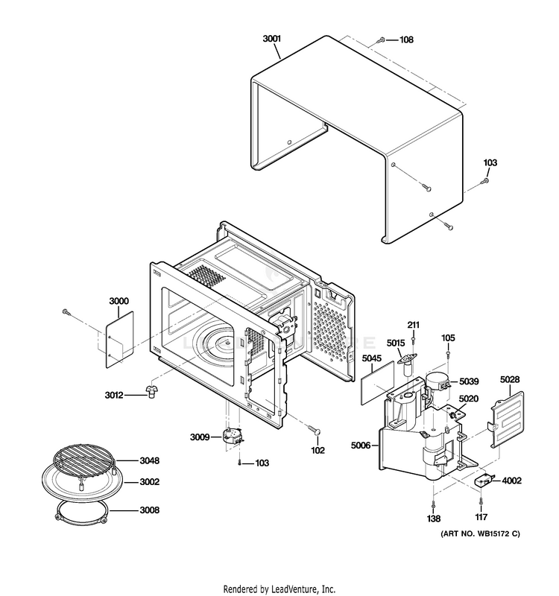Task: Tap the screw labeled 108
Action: tap(380, 39)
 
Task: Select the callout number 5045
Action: tap(372, 360)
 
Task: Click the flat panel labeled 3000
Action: tap(117, 339)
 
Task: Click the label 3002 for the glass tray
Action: tap(150, 483)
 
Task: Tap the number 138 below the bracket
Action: tap(434, 519)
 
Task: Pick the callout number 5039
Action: tap(469, 381)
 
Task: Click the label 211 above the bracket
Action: tap(414, 325)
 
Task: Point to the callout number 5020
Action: tap(469, 399)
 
